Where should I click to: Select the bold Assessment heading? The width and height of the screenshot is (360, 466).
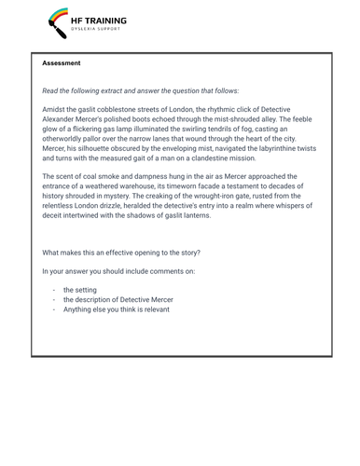[62, 63]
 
